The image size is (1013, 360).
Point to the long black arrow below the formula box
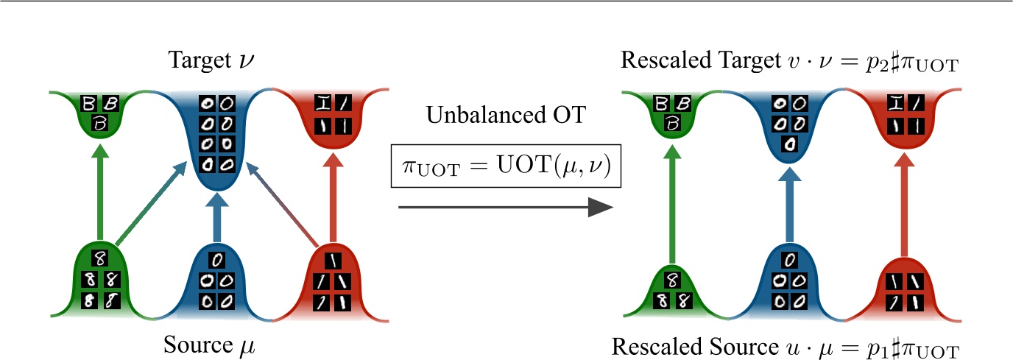tap(505, 208)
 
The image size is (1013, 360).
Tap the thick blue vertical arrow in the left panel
tap(217, 217)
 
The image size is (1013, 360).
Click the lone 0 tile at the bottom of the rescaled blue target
tap(788, 144)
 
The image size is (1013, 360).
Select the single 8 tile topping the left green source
tap(102, 258)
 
